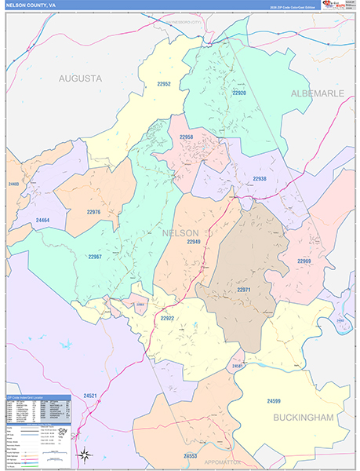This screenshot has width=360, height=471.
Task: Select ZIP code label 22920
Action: click(x=239, y=93)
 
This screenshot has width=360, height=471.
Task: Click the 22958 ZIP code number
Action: click(x=186, y=137)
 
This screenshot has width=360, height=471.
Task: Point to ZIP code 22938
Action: click(x=260, y=178)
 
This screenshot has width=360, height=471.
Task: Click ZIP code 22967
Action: click(x=95, y=257)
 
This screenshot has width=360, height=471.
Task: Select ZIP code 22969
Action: click(x=304, y=261)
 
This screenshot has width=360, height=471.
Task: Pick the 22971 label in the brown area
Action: click(x=243, y=290)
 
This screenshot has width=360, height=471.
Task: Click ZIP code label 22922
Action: click(x=167, y=319)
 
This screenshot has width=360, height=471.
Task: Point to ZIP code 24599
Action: click(x=273, y=379)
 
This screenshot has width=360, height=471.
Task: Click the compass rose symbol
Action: click(x=85, y=455)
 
